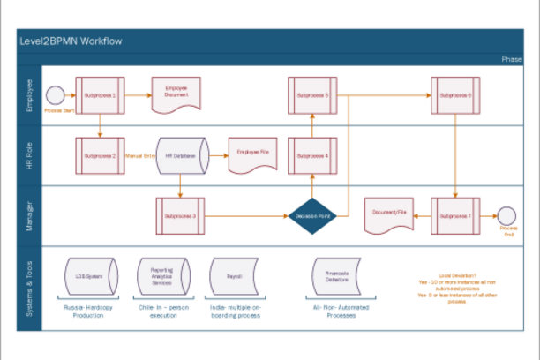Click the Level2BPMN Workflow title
[70, 41]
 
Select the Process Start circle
[54, 94]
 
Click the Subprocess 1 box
[100, 94]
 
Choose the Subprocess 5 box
[312, 94]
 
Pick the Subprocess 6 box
[456, 94]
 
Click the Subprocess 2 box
[100, 155]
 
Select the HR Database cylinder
[181, 155]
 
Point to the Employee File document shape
[252, 154]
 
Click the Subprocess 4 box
[312, 155]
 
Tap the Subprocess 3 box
[181, 215]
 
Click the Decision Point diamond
[312, 215]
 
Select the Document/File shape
[389, 214]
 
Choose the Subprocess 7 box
[456, 215]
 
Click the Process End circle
[507, 215]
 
